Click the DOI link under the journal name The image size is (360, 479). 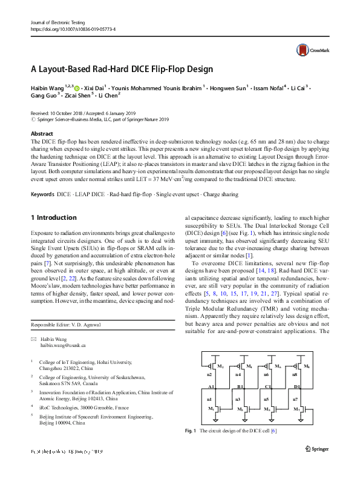(x=73, y=29)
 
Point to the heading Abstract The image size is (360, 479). (x=42, y=133)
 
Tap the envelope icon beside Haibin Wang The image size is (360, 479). (x=34, y=337)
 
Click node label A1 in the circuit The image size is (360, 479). (x=211, y=386)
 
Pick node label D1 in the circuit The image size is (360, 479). (x=297, y=386)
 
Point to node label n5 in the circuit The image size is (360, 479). (x=268, y=400)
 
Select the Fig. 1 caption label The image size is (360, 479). (x=191, y=431)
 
